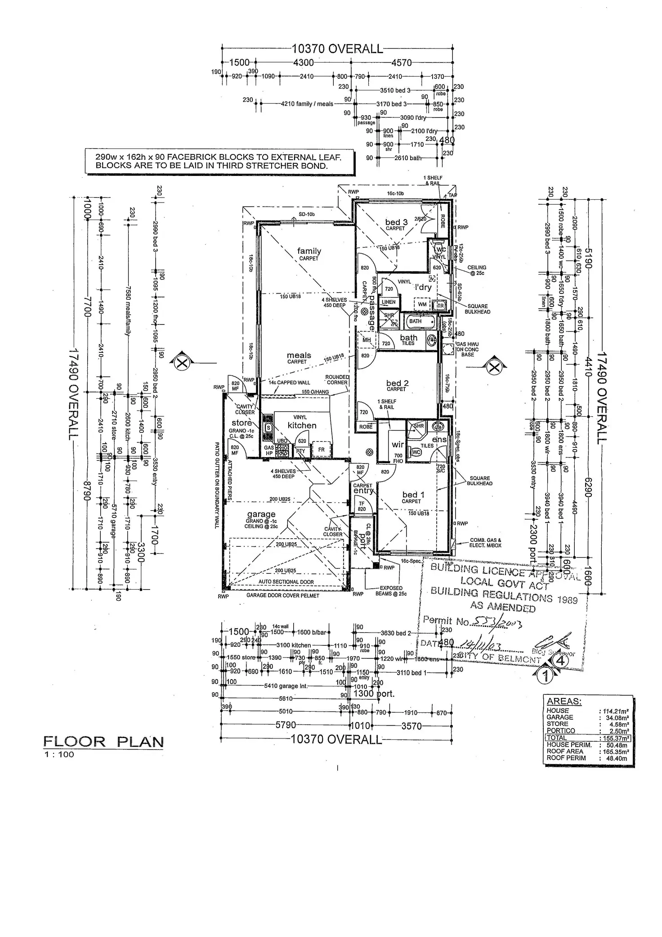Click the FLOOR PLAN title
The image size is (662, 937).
pyautogui.click(x=103, y=742)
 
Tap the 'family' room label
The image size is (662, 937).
pyautogui.click(x=309, y=251)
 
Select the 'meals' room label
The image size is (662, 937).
pyautogui.click(x=299, y=356)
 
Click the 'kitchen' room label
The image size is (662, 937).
pyautogui.click(x=302, y=425)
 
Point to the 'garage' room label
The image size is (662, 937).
pyautogui.click(x=261, y=514)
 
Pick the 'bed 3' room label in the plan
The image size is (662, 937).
pyautogui.click(x=396, y=222)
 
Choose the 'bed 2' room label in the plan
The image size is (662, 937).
pyautogui.click(x=397, y=383)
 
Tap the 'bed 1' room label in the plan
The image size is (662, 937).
pyautogui.click(x=413, y=495)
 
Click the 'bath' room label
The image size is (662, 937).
pyautogui.click(x=408, y=338)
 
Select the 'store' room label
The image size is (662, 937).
pyautogui.click(x=242, y=423)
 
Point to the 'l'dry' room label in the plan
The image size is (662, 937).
pyautogui.click(x=423, y=288)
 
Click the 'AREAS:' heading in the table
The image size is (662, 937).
pyautogui.click(x=564, y=701)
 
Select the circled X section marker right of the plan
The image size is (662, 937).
pyautogui.click(x=494, y=367)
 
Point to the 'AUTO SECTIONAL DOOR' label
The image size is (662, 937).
pyautogui.click(x=286, y=581)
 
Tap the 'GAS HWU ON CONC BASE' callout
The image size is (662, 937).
pyautogui.click(x=467, y=349)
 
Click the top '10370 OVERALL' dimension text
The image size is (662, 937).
pyautogui.click(x=337, y=49)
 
